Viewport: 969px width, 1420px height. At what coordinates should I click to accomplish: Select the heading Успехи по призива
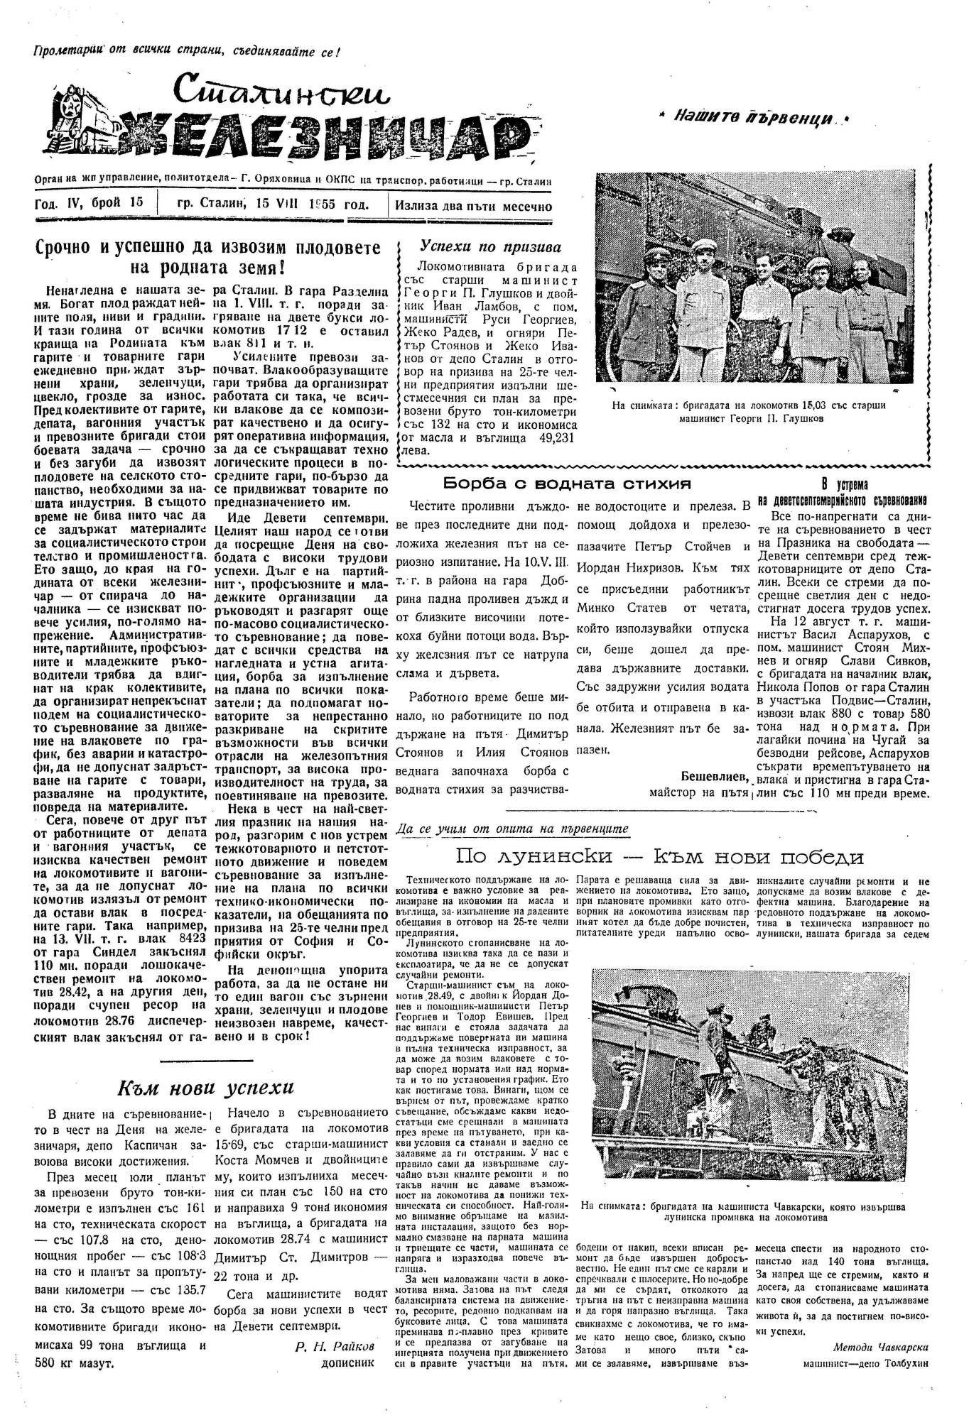(x=490, y=247)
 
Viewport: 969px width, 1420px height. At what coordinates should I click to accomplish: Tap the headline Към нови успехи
(x=205, y=1088)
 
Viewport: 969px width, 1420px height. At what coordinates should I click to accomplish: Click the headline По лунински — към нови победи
(x=660, y=857)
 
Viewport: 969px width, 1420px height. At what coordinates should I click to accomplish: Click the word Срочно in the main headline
(x=68, y=248)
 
